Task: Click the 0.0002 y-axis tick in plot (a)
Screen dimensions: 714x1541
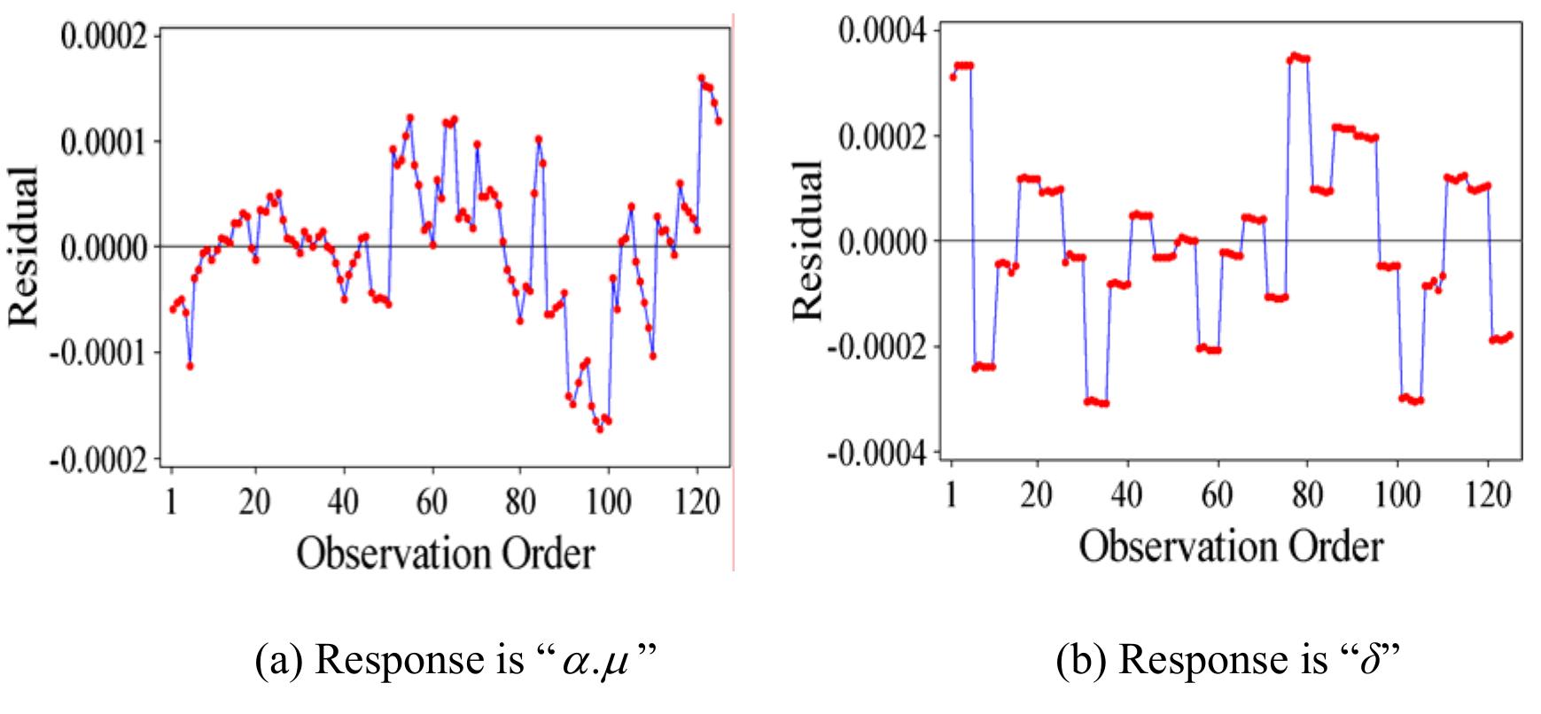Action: [x=100, y=35]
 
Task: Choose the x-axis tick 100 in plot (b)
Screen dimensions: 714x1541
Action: [x=1397, y=493]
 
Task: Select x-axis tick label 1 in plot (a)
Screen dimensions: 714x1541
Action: [x=172, y=501]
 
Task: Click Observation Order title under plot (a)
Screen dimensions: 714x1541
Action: [x=445, y=555]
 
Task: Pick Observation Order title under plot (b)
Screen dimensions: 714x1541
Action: [x=1230, y=546]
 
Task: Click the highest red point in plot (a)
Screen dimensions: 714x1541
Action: [x=701, y=78]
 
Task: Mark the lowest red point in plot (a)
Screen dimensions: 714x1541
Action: [x=600, y=430]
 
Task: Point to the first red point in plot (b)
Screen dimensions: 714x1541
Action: [x=953, y=77]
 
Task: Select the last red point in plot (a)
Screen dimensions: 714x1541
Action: [x=719, y=121]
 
